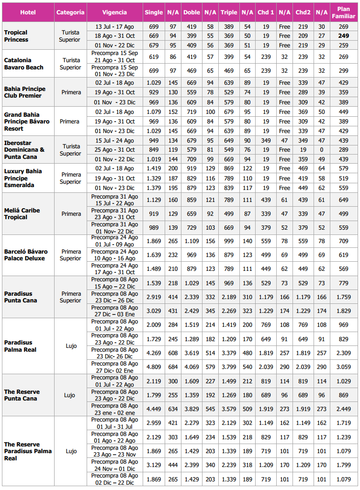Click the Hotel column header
pos(28,12)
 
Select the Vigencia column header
pos(115,12)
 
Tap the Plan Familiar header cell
pos(343,12)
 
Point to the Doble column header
pos(191,12)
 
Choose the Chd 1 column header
pos(266,12)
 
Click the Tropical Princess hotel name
pos(16,36)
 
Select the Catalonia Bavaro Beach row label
pos(24,64)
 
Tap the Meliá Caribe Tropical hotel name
pos(22,213)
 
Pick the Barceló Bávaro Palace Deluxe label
pos(26,255)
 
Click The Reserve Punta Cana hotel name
pos(22,395)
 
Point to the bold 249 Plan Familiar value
pos(343,36)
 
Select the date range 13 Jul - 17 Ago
pos(115,26)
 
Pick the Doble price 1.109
pos(191,241)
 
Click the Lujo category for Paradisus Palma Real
pos(71,345)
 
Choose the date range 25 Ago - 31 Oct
pos(115,149)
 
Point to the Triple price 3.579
pos(229,409)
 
